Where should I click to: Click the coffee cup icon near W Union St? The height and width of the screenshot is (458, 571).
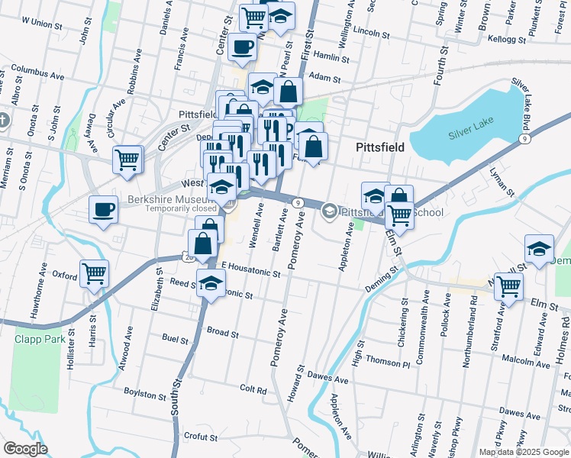[242, 47]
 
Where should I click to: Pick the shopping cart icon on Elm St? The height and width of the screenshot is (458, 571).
[508, 287]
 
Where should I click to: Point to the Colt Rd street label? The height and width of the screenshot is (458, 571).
[253, 389]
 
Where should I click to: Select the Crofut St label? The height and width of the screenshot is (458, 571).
[201, 437]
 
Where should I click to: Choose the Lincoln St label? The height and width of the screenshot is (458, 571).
[373, 34]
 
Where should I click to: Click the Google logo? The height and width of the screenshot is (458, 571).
[25, 449]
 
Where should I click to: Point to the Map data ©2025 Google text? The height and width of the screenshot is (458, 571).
[523, 452]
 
